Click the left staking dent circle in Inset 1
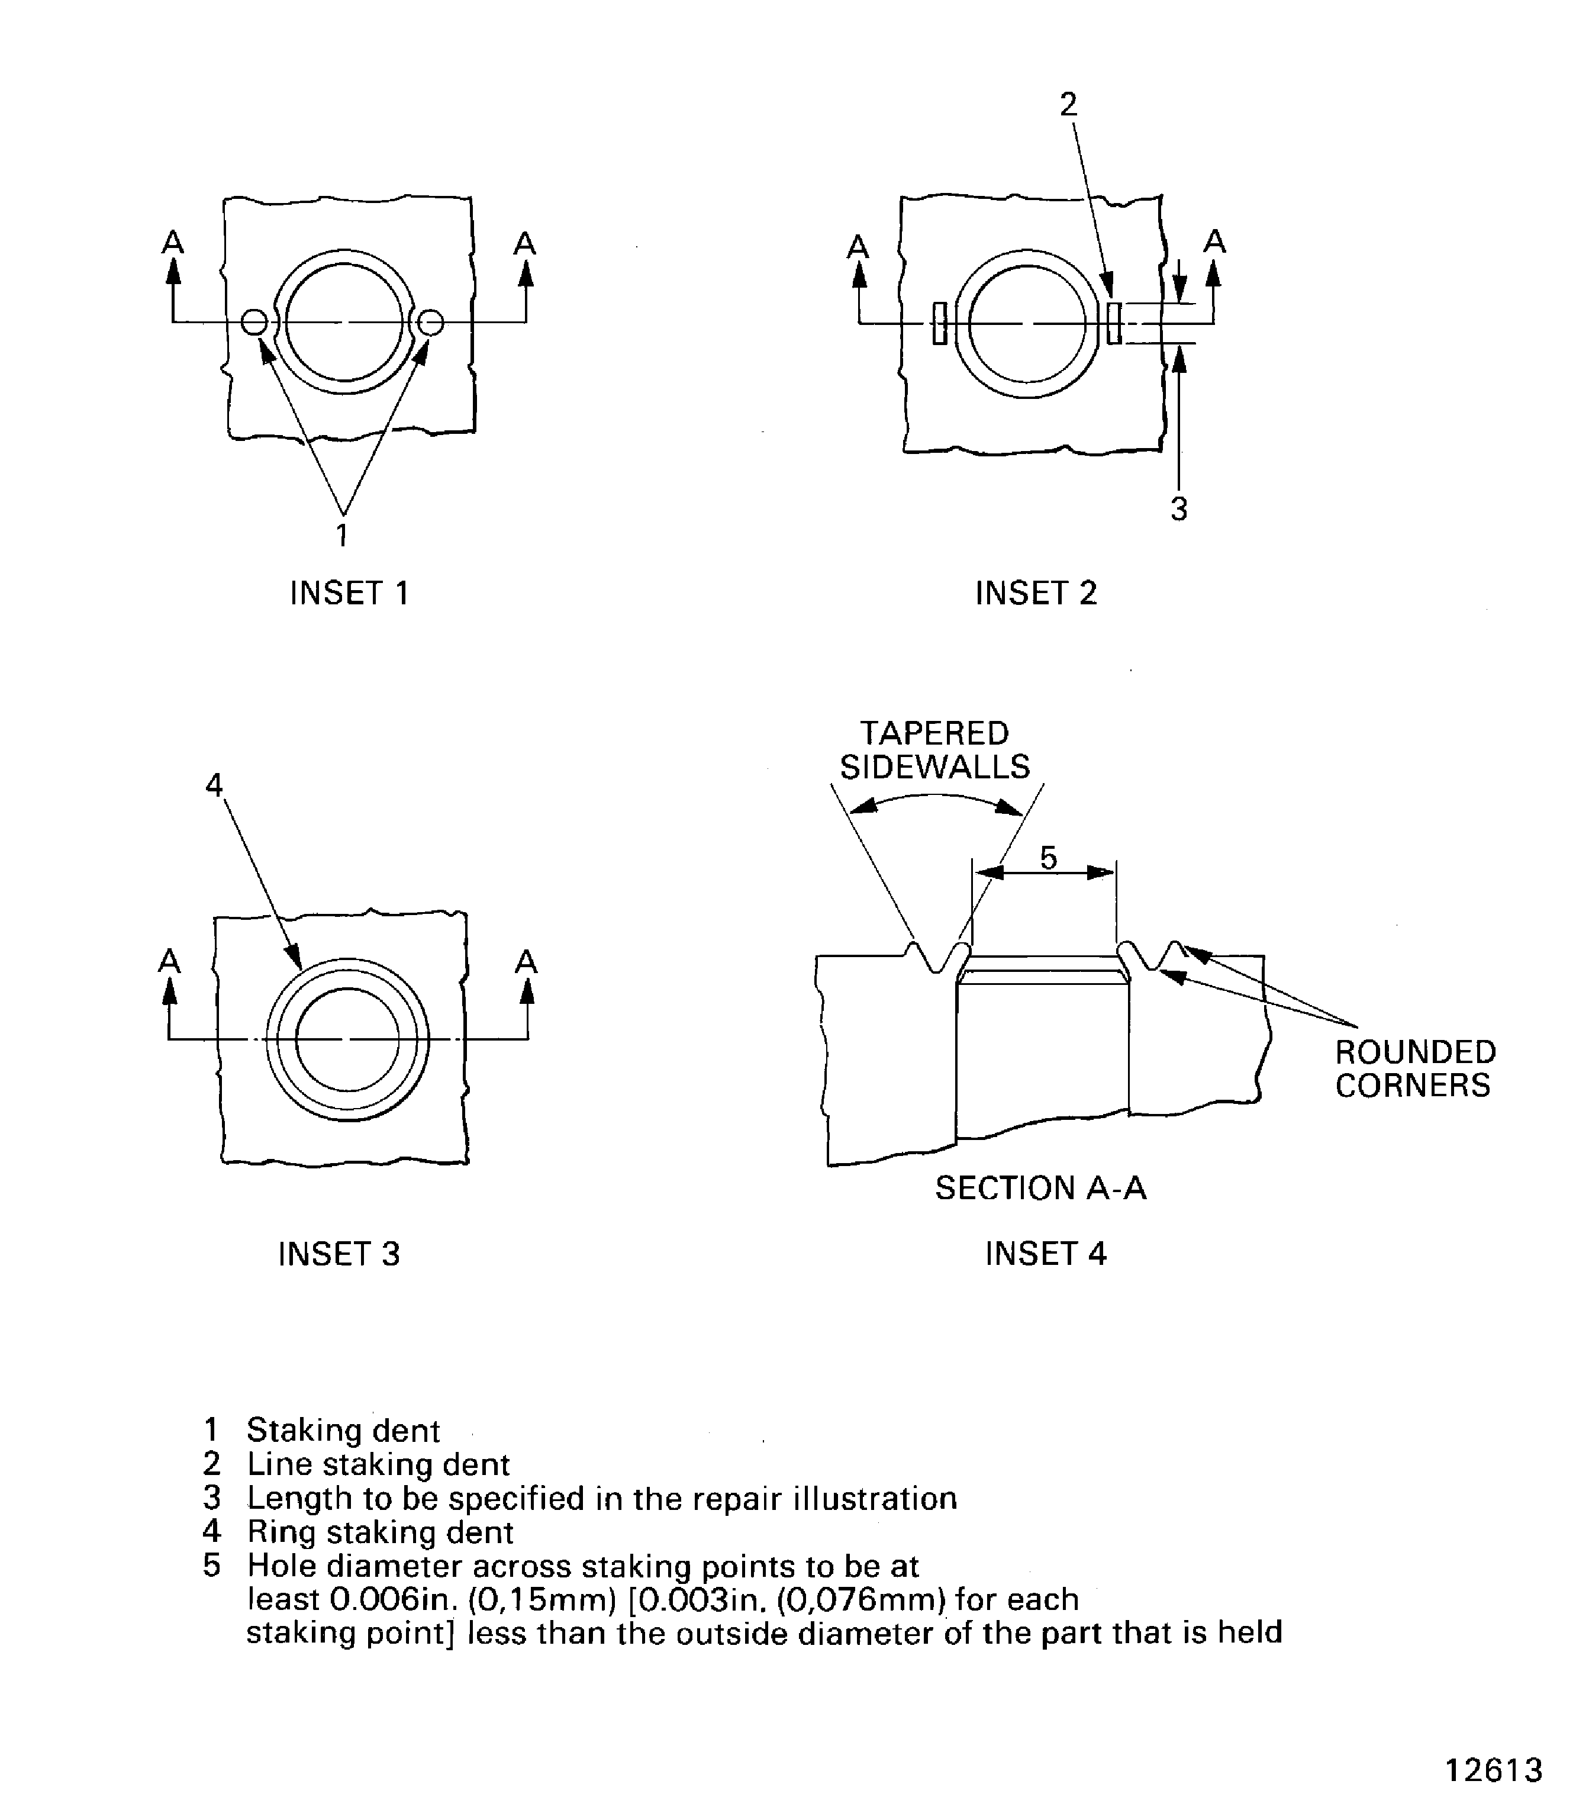[254, 323]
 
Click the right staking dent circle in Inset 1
[431, 323]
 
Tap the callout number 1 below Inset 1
[342, 534]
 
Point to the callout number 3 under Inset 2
[1179, 508]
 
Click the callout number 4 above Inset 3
[214, 785]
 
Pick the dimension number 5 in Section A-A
[1048, 857]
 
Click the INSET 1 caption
[349, 593]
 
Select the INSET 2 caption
[1036, 593]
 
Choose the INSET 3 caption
[339, 1254]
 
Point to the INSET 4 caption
[1046, 1254]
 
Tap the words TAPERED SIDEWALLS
[935, 751]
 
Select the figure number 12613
[1494, 1769]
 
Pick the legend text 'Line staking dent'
[378, 1464]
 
